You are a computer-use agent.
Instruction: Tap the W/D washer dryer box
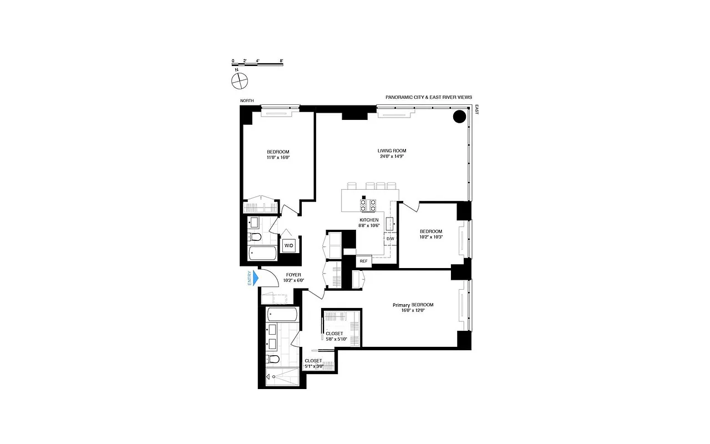pyautogui.click(x=289, y=245)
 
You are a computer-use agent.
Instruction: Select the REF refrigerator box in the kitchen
pyautogui.click(x=363, y=261)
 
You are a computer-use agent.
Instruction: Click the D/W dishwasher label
pyautogui.click(x=390, y=239)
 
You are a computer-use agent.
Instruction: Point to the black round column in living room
pyautogui.click(x=459, y=117)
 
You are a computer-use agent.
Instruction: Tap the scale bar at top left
pyautogui.click(x=257, y=64)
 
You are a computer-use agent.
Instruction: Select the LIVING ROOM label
pyautogui.click(x=392, y=150)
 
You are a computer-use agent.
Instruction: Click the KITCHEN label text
pyautogui.click(x=369, y=220)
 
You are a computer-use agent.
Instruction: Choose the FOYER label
pyautogui.click(x=293, y=275)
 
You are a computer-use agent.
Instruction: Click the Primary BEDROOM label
pyautogui.click(x=413, y=305)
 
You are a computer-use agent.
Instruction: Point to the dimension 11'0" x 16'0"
pyautogui.click(x=278, y=158)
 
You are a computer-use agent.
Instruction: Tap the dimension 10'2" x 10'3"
pyautogui.click(x=430, y=237)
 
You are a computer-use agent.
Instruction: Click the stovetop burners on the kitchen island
pyautogui.click(x=368, y=205)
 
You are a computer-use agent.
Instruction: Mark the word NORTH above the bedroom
pyautogui.click(x=247, y=100)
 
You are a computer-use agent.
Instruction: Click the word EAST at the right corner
pyautogui.click(x=476, y=110)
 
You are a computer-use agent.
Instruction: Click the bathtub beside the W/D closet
pyautogui.click(x=262, y=254)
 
